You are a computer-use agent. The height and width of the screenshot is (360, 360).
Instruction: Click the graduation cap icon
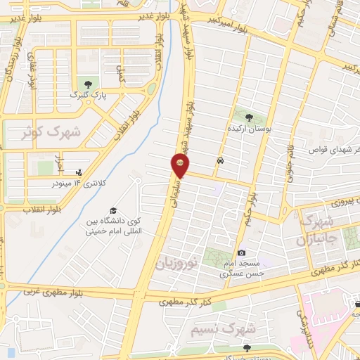(112, 210)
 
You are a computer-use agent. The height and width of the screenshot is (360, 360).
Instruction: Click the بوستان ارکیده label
(250, 130)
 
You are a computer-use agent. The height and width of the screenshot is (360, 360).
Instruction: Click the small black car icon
(221, 160)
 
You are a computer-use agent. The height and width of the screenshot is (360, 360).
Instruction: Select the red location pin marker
(180, 166)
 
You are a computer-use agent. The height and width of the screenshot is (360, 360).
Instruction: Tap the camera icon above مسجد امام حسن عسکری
(241, 252)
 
